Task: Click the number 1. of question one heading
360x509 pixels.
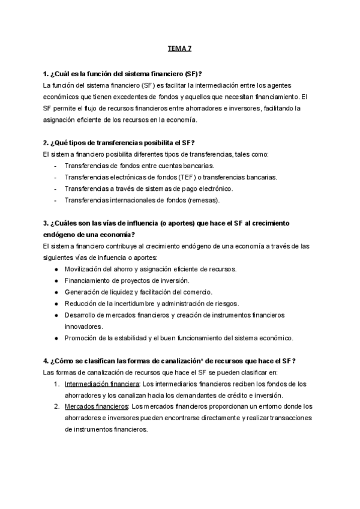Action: click(46, 74)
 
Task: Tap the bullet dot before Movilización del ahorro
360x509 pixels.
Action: click(56, 269)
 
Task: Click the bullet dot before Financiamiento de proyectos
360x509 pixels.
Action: click(56, 280)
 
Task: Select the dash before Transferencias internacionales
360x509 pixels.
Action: click(56, 200)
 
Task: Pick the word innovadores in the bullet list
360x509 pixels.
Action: click(85, 327)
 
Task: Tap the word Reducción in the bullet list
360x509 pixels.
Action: click(80, 303)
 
